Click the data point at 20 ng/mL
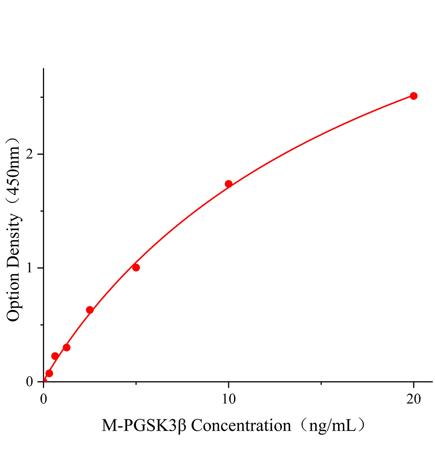point(413,96)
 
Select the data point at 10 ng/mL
point(229,184)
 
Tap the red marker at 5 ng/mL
point(136,268)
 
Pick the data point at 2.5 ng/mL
point(90,310)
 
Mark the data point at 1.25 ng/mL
point(67,347)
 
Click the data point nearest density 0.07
point(49,373)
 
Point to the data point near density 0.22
point(55,356)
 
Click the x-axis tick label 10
point(228,399)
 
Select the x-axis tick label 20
point(413,399)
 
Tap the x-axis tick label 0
point(43,399)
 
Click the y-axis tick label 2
point(29,154)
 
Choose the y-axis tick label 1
point(29,268)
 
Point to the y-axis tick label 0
point(29,382)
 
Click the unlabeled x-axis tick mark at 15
point(321,383)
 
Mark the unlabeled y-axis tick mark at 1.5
point(42,211)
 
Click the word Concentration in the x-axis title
point(241,426)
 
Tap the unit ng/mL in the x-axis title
point(332,426)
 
